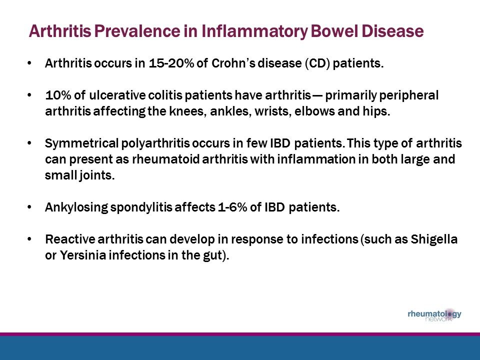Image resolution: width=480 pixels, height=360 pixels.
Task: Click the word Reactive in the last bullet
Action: click(x=65, y=240)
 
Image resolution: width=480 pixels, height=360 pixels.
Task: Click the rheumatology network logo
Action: click(x=434, y=315)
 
